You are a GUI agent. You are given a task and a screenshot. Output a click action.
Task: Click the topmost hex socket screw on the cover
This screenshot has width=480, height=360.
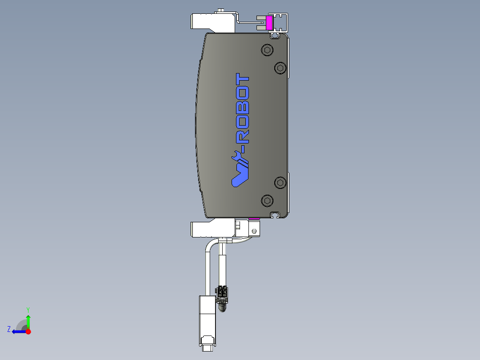[x=267, y=50]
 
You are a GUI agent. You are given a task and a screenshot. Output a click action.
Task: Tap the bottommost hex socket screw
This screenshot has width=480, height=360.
[x=267, y=200]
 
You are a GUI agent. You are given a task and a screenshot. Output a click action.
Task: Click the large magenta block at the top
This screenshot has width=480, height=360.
[x=269, y=23]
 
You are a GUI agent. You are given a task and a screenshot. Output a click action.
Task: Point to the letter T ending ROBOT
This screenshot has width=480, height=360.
[x=243, y=81]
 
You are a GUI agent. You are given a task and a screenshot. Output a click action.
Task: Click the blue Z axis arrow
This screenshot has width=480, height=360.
[x=19, y=331]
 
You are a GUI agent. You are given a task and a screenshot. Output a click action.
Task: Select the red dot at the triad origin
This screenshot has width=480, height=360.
[x=28, y=331]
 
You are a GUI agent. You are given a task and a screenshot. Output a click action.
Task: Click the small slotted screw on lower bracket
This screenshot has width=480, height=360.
[x=254, y=231]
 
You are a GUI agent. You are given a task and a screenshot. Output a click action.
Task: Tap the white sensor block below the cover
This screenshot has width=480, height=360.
[x=212, y=229]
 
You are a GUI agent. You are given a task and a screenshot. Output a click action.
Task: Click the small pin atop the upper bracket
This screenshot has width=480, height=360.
[x=221, y=10]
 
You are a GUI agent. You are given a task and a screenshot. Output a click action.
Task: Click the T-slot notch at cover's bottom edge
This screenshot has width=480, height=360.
[x=275, y=215]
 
